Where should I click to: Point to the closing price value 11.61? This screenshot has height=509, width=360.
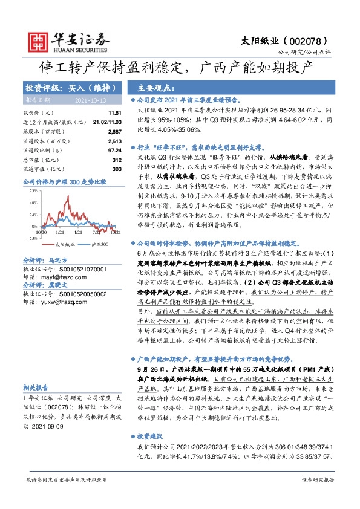[x=115, y=113]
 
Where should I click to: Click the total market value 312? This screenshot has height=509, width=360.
[x=117, y=160]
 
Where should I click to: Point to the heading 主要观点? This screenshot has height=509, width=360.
[x=157, y=87]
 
